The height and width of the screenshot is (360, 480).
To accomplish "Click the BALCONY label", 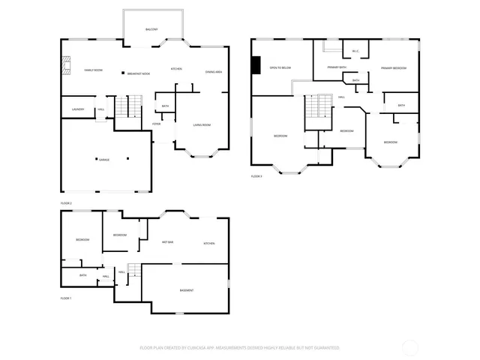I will coord(151,29).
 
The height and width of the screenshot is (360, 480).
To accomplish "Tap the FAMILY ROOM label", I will coord(93,70).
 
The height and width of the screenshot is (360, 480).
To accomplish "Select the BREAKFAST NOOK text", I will coord(139,73).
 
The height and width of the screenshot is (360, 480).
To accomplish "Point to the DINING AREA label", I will coord(213,71).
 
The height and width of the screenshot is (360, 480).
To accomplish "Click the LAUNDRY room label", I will coord(77,109).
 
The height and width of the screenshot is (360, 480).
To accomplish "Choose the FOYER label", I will coord(157,124).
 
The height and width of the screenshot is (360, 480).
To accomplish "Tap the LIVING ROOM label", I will coord(202,125).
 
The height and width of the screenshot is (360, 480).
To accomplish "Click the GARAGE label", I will coord(103,160).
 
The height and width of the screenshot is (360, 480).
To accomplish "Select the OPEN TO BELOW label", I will coord(280,67).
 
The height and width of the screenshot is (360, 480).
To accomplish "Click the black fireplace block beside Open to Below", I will coord(256,66).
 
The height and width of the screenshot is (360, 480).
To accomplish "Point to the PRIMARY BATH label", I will coord(336,67).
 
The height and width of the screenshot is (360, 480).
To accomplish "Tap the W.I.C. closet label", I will coord(355,52).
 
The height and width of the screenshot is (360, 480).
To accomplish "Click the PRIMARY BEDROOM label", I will coord(393,68).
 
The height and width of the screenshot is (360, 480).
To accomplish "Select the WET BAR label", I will coord(168,242).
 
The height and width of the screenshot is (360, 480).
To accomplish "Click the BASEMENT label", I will coord(187,290).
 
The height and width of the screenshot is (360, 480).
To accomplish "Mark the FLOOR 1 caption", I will coord(66,298).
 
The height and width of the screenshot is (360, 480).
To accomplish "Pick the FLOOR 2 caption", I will coord(66,203).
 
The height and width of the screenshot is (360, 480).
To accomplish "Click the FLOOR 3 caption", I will coord(256,176).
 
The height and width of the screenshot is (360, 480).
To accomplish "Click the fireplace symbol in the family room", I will coord(65,67).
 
